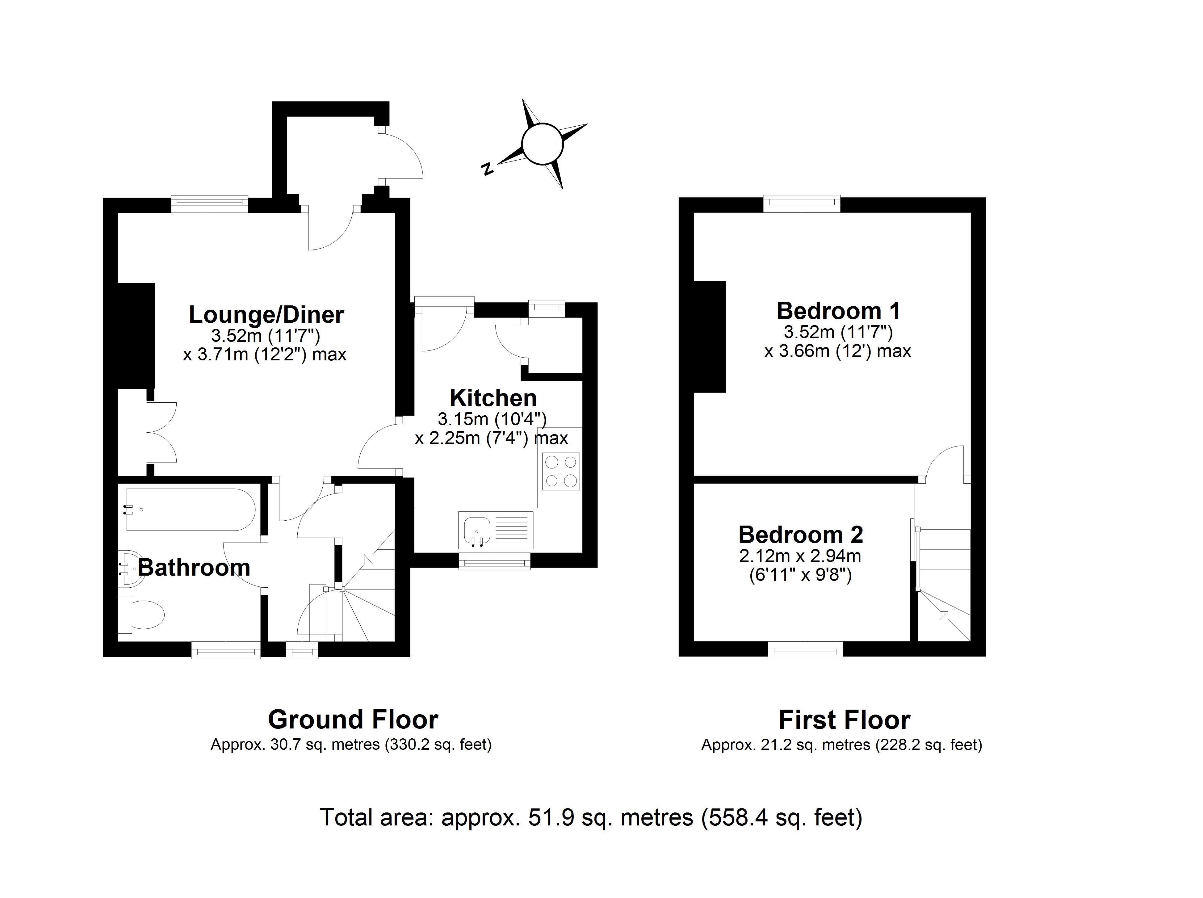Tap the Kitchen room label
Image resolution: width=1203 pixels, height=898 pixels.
pos(493,398)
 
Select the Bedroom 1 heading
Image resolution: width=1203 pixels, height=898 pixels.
pos(838,311)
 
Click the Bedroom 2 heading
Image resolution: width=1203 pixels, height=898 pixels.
pos(800,535)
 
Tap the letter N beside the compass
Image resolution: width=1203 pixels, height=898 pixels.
pos(488,169)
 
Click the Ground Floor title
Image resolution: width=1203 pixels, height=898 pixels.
pos(353,720)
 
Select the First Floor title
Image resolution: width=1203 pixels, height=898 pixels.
pos(844,720)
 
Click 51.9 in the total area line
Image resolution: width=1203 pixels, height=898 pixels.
pos(551,817)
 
